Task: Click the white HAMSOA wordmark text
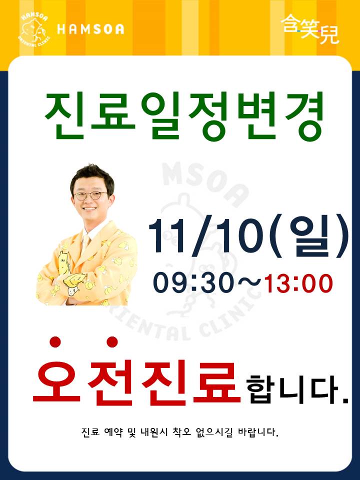pos(90,29)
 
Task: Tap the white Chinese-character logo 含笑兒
pos(310,29)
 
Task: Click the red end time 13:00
pos(298,283)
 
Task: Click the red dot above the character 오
pos(55,342)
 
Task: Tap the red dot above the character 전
pos(112,342)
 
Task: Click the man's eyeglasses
pos(90,195)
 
